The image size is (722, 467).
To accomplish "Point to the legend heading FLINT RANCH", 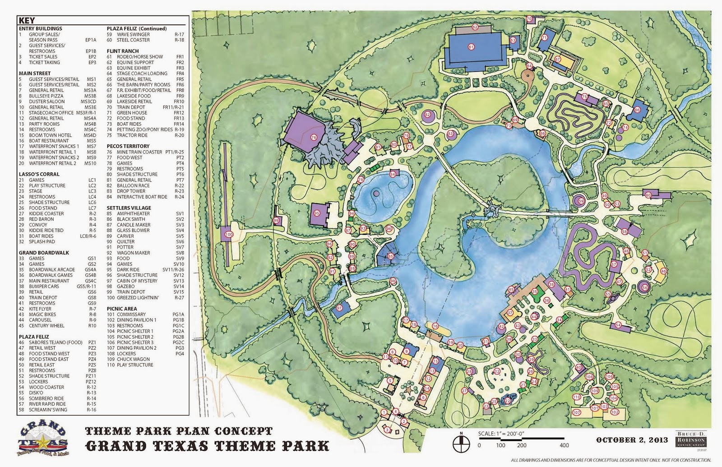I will (x=123, y=51).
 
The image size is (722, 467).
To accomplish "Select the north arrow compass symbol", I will (x=461, y=440).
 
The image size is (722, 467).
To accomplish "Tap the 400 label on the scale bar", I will (x=564, y=445).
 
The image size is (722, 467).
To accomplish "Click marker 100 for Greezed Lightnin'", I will (x=228, y=234).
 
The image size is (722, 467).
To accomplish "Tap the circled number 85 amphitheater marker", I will (x=391, y=256).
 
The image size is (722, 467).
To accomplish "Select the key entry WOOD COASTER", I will (x=46, y=387).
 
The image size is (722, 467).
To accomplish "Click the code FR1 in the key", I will (x=180, y=57).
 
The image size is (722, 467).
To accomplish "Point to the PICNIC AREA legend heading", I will (x=122, y=309).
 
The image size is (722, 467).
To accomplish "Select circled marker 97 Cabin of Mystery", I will (x=340, y=308).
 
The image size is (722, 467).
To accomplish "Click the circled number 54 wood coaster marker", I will (x=618, y=325).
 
